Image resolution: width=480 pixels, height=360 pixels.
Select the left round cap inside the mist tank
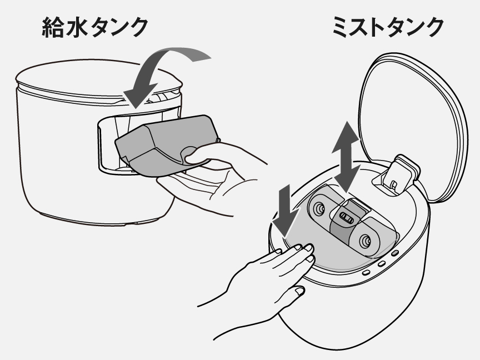319,209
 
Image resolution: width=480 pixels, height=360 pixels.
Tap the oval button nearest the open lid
394,253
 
